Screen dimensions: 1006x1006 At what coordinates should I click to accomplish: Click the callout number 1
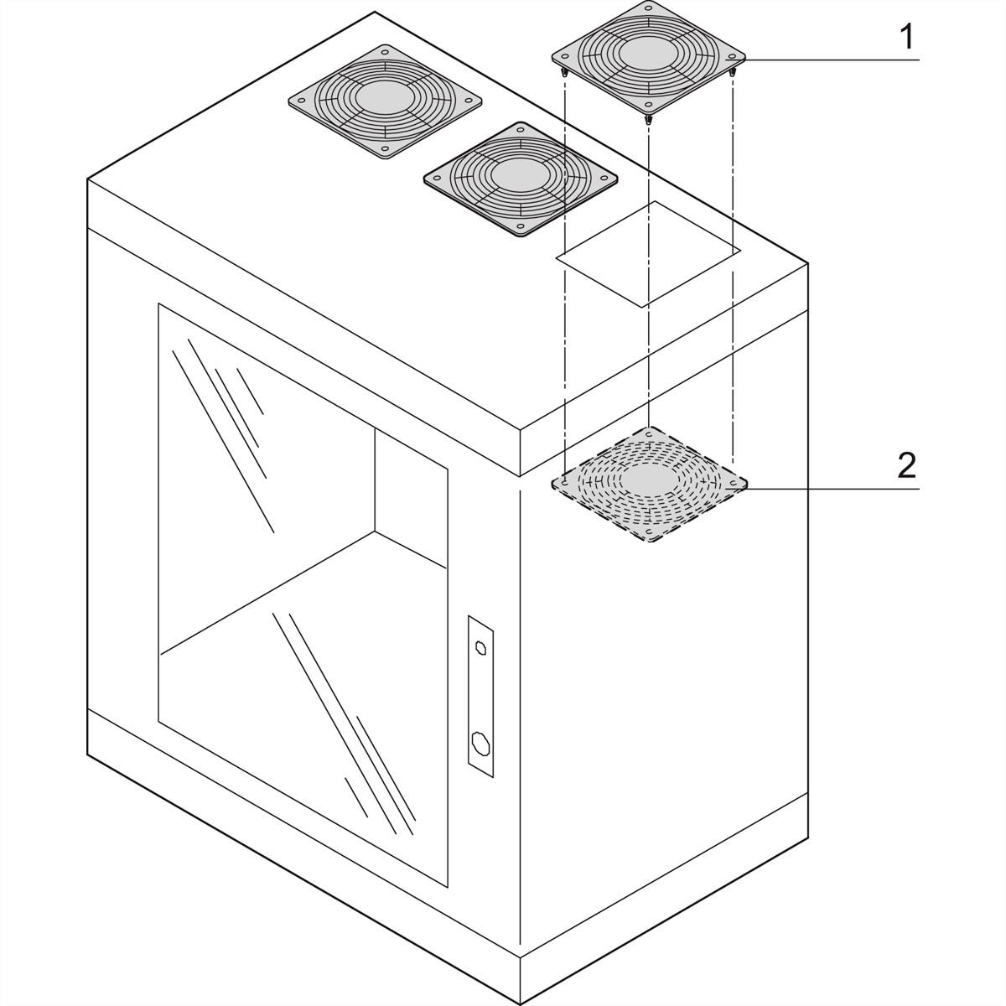[x=905, y=39]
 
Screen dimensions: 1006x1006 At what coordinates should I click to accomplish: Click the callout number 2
[x=905, y=465]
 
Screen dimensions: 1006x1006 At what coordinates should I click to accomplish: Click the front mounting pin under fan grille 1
[x=648, y=119]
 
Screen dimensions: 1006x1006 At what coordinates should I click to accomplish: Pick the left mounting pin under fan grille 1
[x=565, y=73]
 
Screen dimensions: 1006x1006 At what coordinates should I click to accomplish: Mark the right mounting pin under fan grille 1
[x=734, y=74]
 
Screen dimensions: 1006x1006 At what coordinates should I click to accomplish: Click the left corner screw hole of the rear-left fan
[x=299, y=99]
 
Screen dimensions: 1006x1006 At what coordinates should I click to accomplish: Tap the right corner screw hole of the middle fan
[x=607, y=178]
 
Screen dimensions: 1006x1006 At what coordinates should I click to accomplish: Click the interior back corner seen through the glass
[x=375, y=530]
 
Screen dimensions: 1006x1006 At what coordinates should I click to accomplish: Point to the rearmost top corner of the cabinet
[x=375, y=13]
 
